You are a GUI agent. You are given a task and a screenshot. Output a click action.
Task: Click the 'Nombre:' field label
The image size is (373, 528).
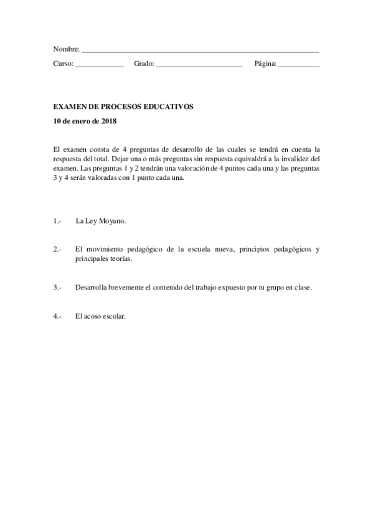(x=66, y=49)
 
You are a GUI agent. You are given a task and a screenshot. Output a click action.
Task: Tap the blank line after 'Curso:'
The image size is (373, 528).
(x=100, y=65)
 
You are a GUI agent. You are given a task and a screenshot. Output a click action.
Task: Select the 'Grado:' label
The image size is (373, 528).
(x=144, y=64)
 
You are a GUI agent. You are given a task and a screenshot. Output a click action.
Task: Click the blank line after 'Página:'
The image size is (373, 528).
(x=299, y=65)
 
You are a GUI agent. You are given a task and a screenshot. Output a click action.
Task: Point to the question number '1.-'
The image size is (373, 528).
(x=57, y=220)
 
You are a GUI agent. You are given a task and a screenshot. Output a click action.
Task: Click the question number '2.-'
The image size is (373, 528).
(x=57, y=250)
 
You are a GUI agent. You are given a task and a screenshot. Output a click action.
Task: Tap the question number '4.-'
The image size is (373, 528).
(x=57, y=316)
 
